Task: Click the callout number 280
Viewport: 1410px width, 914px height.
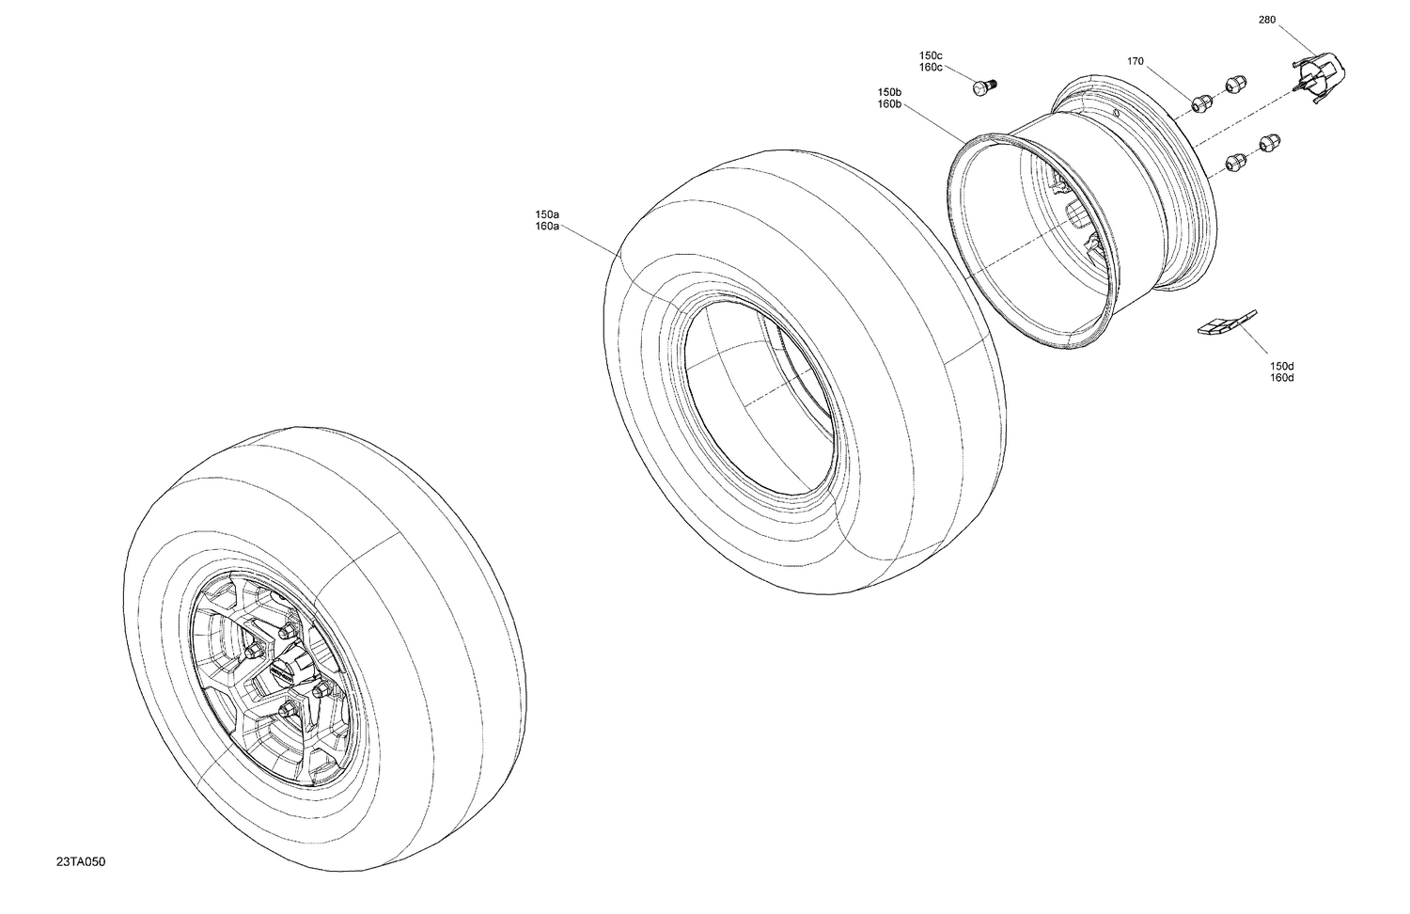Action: point(1267,20)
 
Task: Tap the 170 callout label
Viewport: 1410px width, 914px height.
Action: point(1136,61)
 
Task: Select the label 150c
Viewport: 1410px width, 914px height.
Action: point(931,55)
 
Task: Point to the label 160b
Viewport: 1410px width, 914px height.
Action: point(889,104)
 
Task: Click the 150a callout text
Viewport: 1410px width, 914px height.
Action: point(547,214)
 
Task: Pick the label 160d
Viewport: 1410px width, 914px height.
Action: point(1282,378)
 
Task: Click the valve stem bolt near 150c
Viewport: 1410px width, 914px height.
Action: point(983,87)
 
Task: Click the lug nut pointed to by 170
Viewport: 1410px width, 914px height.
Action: point(1201,102)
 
